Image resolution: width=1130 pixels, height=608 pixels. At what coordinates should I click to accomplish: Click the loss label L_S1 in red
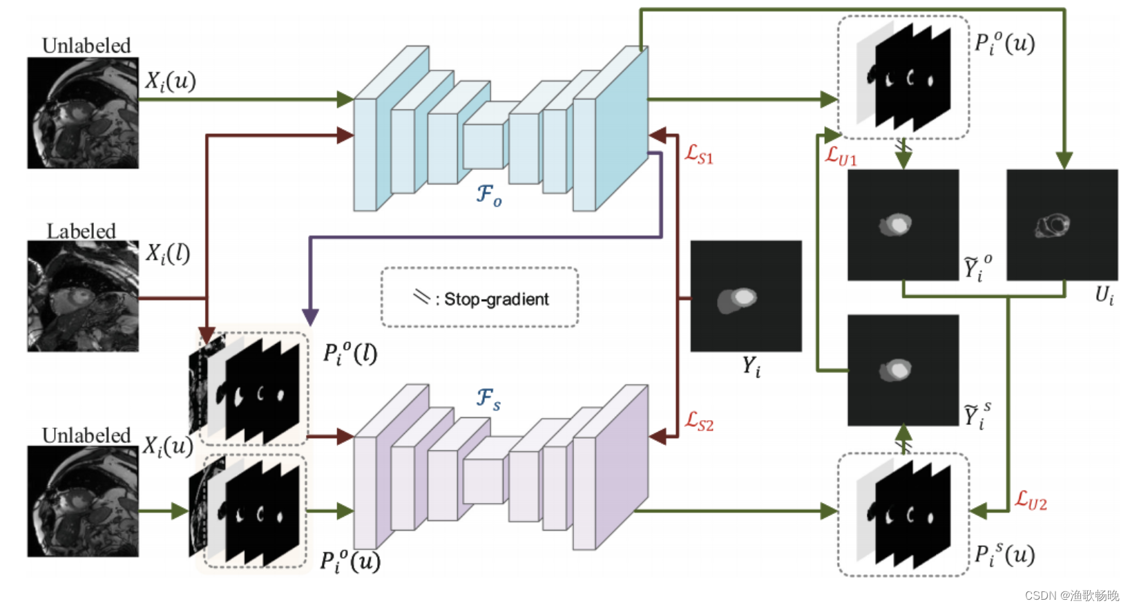[698, 154]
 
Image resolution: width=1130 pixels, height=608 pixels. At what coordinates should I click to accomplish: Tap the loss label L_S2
[699, 421]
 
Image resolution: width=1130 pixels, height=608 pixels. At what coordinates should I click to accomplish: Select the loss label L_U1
[841, 156]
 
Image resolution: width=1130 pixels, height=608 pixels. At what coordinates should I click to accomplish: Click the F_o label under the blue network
[489, 195]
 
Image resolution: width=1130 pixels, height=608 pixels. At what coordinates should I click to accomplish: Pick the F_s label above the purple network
[488, 399]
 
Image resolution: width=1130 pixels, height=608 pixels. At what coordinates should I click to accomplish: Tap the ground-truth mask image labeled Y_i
[746, 296]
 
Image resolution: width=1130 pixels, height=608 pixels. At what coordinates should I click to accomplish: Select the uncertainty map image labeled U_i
[1062, 225]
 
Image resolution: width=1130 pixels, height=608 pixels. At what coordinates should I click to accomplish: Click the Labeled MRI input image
[83, 296]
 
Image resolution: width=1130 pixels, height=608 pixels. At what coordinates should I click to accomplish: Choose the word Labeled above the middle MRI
[81, 231]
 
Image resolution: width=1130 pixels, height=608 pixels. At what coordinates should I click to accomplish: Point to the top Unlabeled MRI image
[83, 113]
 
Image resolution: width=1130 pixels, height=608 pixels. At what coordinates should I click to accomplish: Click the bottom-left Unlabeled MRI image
[83, 501]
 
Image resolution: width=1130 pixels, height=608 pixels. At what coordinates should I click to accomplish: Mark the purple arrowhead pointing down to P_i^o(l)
[310, 317]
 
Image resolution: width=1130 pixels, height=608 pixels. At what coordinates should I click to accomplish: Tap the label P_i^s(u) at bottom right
[1004, 554]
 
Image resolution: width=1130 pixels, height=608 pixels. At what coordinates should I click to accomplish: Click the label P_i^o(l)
[350, 353]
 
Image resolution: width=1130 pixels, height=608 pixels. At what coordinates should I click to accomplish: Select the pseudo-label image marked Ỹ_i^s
[903, 370]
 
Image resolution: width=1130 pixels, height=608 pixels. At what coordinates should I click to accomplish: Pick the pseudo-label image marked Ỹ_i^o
[903, 225]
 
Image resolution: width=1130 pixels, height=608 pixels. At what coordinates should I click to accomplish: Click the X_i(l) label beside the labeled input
[167, 254]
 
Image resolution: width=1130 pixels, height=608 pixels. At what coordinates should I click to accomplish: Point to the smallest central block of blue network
[483, 146]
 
